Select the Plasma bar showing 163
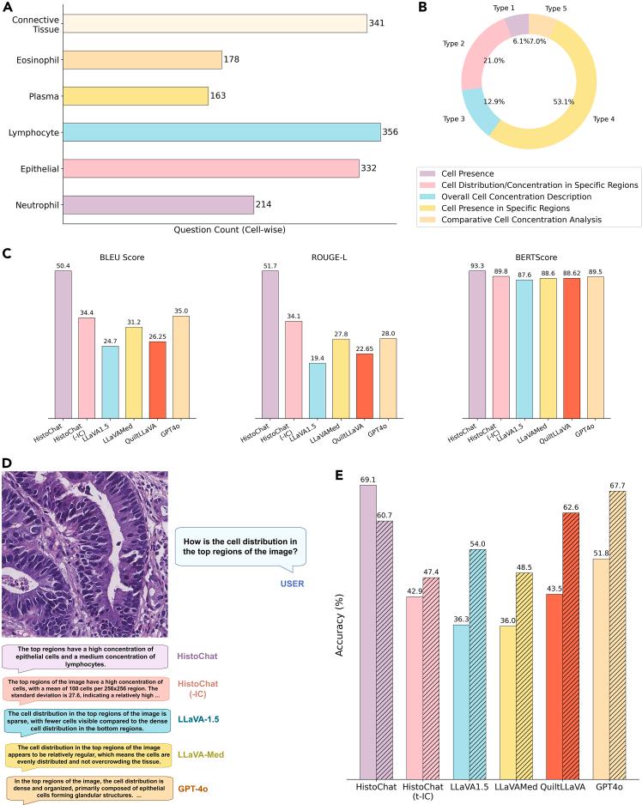click(x=136, y=95)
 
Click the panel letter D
click(x=7, y=463)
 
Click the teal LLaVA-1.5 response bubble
click(x=86, y=719)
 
